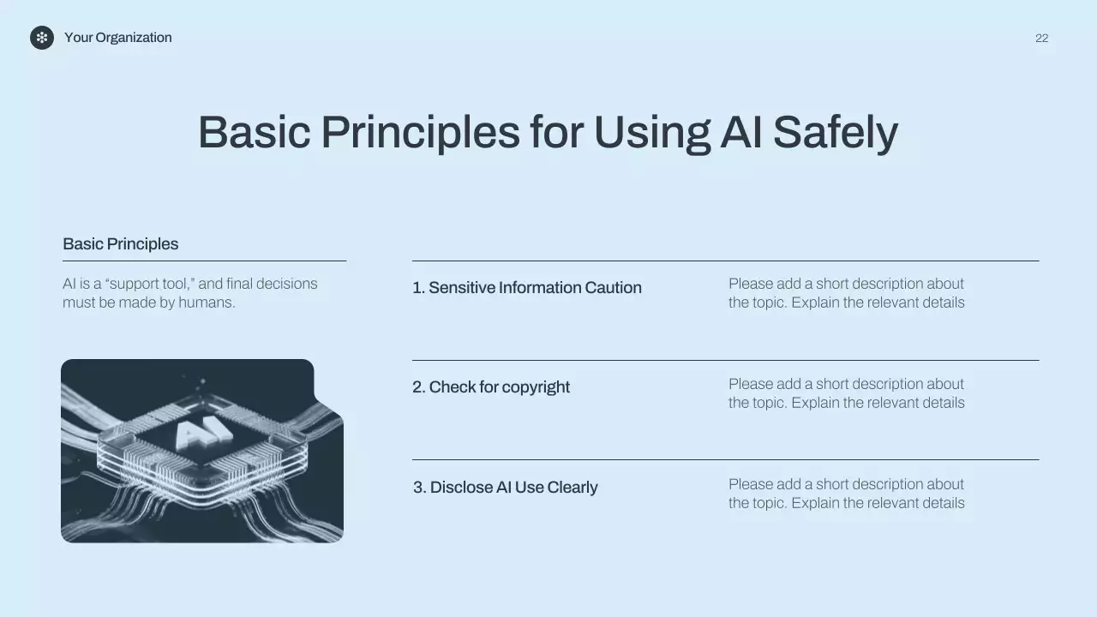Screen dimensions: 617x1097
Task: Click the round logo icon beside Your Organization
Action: pos(42,38)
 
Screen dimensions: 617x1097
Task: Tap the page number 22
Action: pos(1041,39)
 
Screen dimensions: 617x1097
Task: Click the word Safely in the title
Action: pos(835,133)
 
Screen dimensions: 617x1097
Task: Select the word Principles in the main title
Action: pos(420,133)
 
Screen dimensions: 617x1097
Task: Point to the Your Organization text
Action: pos(117,38)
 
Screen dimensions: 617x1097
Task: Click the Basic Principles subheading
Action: pos(120,244)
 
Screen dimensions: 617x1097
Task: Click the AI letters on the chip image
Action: pos(203,434)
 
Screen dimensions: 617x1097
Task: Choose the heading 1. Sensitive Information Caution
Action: pos(526,288)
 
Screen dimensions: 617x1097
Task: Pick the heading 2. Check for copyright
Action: pos(490,387)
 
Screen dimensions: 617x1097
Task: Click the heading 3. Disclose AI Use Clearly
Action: pos(505,488)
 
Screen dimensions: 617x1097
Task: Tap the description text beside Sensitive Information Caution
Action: pos(846,293)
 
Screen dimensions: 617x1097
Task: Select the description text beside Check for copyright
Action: pos(846,393)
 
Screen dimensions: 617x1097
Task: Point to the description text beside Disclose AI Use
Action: pos(846,494)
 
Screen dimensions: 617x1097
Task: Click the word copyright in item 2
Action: pos(536,387)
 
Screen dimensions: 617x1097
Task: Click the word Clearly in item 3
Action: pos(572,488)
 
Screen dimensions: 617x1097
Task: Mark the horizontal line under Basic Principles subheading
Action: pos(204,261)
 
